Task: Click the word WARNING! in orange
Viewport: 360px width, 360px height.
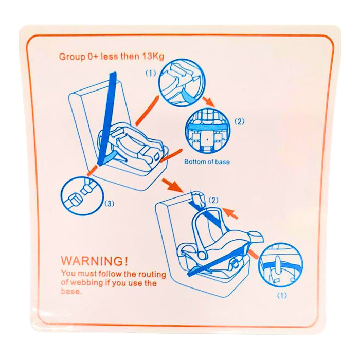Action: [x=94, y=261]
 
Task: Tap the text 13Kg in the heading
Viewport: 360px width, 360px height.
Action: [x=153, y=57]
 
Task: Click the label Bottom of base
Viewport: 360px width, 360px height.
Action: [x=207, y=161]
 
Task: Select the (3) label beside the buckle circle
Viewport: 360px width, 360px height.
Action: [x=109, y=204]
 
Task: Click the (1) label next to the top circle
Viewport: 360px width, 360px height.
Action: [x=151, y=74]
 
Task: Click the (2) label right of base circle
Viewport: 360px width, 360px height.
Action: [x=239, y=121]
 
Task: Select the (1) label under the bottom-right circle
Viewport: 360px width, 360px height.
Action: [x=282, y=296]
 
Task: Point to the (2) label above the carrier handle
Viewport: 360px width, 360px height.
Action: [x=213, y=201]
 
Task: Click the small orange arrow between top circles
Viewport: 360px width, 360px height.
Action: [x=208, y=102]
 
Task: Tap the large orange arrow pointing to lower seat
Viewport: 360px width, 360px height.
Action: [x=172, y=185]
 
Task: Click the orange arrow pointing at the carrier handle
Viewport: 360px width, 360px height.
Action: [x=230, y=213]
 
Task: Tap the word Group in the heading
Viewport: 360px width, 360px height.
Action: [x=72, y=57]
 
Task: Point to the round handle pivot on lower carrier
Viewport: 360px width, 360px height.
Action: [x=202, y=255]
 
